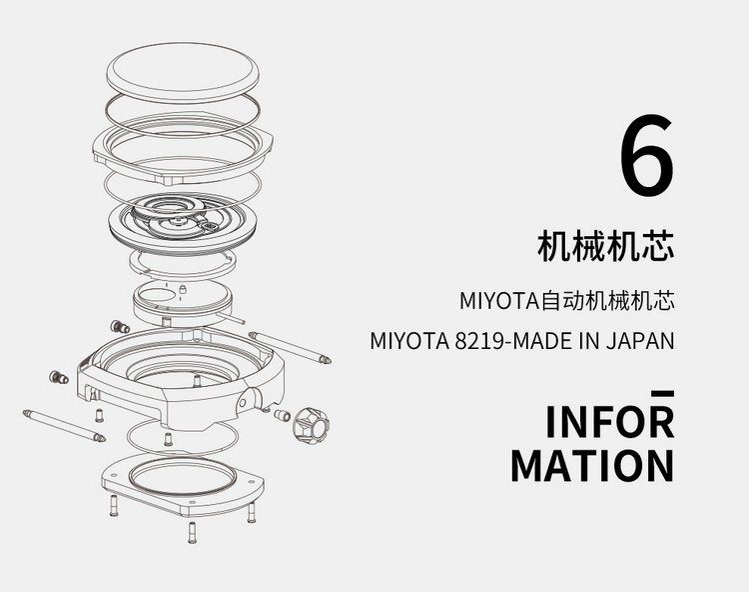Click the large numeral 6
coord(647,155)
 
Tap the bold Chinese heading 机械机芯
coord(606,246)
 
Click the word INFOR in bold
coord(610,421)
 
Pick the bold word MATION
coord(592,465)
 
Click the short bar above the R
coord(662,394)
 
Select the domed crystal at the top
coord(183,73)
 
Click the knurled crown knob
coord(312,425)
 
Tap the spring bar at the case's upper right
coord(290,347)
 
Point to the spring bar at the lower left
coord(64,426)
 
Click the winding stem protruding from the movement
coord(232,318)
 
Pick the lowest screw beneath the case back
coord(192,532)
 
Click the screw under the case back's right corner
coord(251,513)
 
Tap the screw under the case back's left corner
coord(113,505)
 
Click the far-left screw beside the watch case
coord(58,377)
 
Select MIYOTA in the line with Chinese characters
coord(499,301)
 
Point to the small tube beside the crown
coord(282,415)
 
